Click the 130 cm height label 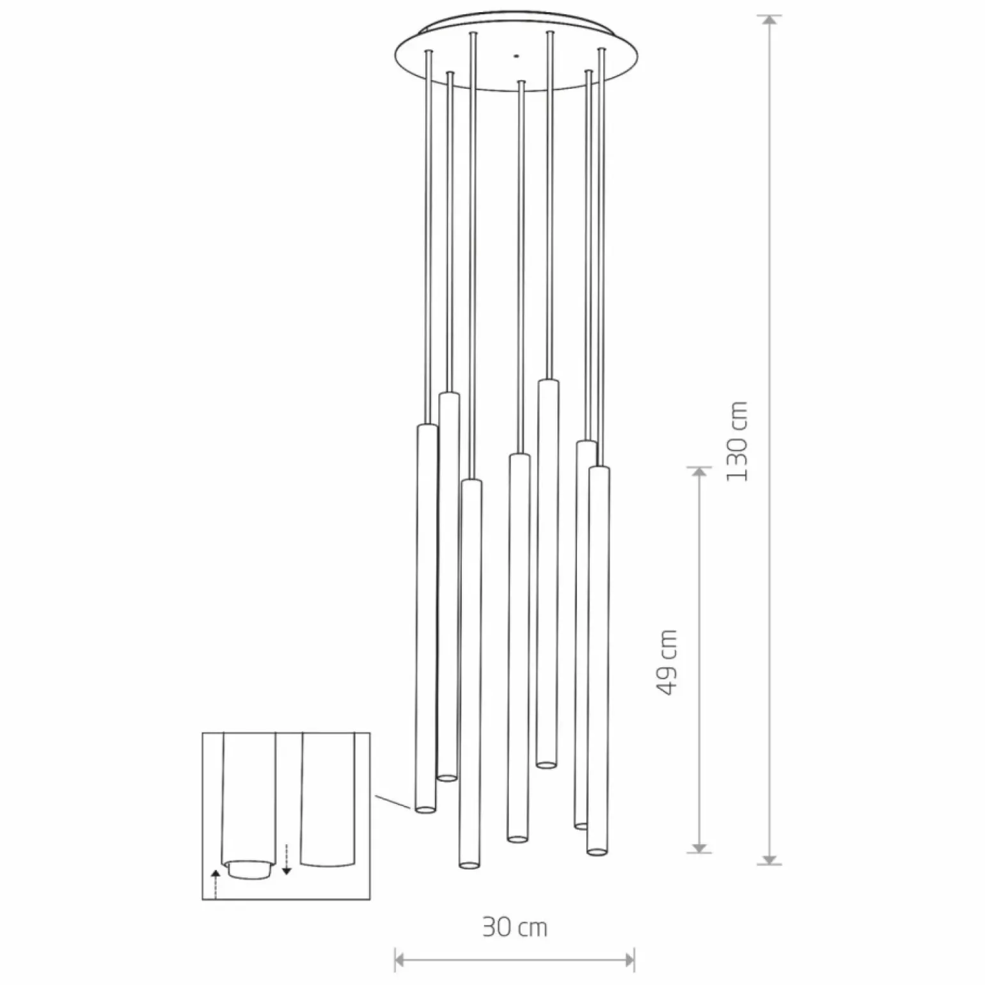tap(737, 441)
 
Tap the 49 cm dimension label tap(666, 662)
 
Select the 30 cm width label tap(515, 927)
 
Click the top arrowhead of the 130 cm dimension tap(770, 20)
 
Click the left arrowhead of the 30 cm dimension tap(401, 959)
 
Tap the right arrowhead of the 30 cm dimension tap(629, 959)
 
